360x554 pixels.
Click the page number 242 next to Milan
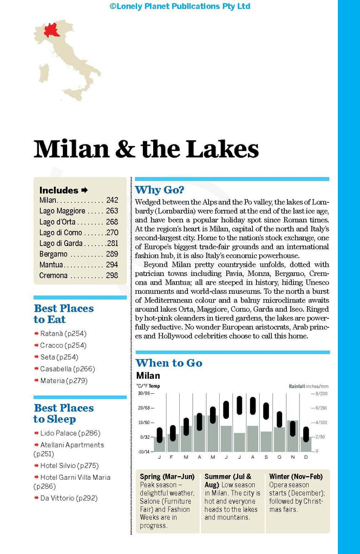pos(112,200)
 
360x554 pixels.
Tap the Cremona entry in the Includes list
pos(54,275)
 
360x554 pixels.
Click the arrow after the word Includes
pos(84,190)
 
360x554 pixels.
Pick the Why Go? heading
pos(159,190)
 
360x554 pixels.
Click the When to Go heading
pos(169,363)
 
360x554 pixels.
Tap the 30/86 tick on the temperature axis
pos(143,394)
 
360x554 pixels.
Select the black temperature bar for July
pos(239,405)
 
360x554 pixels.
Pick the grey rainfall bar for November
pos(292,436)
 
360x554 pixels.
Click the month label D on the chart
pos(306,458)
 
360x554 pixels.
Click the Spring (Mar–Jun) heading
pos(167,477)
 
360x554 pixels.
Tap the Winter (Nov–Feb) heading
pos(296,477)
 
